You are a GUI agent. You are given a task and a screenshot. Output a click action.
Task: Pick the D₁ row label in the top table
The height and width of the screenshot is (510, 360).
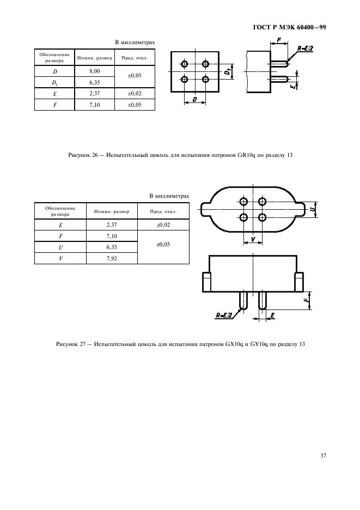pyautogui.click(x=54, y=82)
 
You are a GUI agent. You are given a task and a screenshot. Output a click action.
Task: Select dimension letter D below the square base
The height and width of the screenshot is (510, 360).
pyautogui.click(x=195, y=100)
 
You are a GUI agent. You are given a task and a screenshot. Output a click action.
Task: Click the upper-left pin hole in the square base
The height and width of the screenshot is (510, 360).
pyautogui.click(x=185, y=64)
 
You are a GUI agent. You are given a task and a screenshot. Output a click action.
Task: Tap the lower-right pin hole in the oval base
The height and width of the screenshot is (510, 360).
pyautogui.click(x=263, y=217)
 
